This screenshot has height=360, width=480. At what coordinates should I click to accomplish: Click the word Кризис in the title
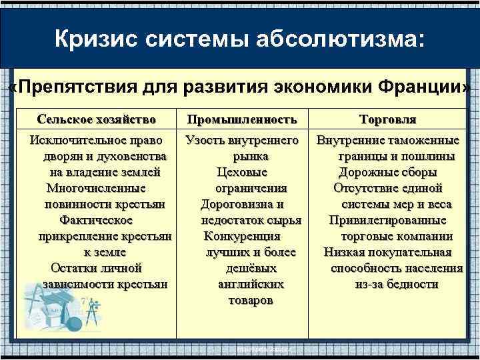94,38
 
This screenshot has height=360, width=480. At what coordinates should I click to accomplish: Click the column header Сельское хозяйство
97,119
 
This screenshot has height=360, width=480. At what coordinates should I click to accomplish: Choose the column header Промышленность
241,119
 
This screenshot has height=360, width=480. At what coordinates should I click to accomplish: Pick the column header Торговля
387,119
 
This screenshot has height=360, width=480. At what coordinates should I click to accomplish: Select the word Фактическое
97,220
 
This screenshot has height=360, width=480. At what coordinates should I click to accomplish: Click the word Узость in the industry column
205,141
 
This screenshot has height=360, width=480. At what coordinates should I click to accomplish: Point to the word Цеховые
241,173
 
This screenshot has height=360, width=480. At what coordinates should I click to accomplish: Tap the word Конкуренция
241,236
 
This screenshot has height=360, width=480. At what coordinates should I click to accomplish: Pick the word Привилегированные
387,220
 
